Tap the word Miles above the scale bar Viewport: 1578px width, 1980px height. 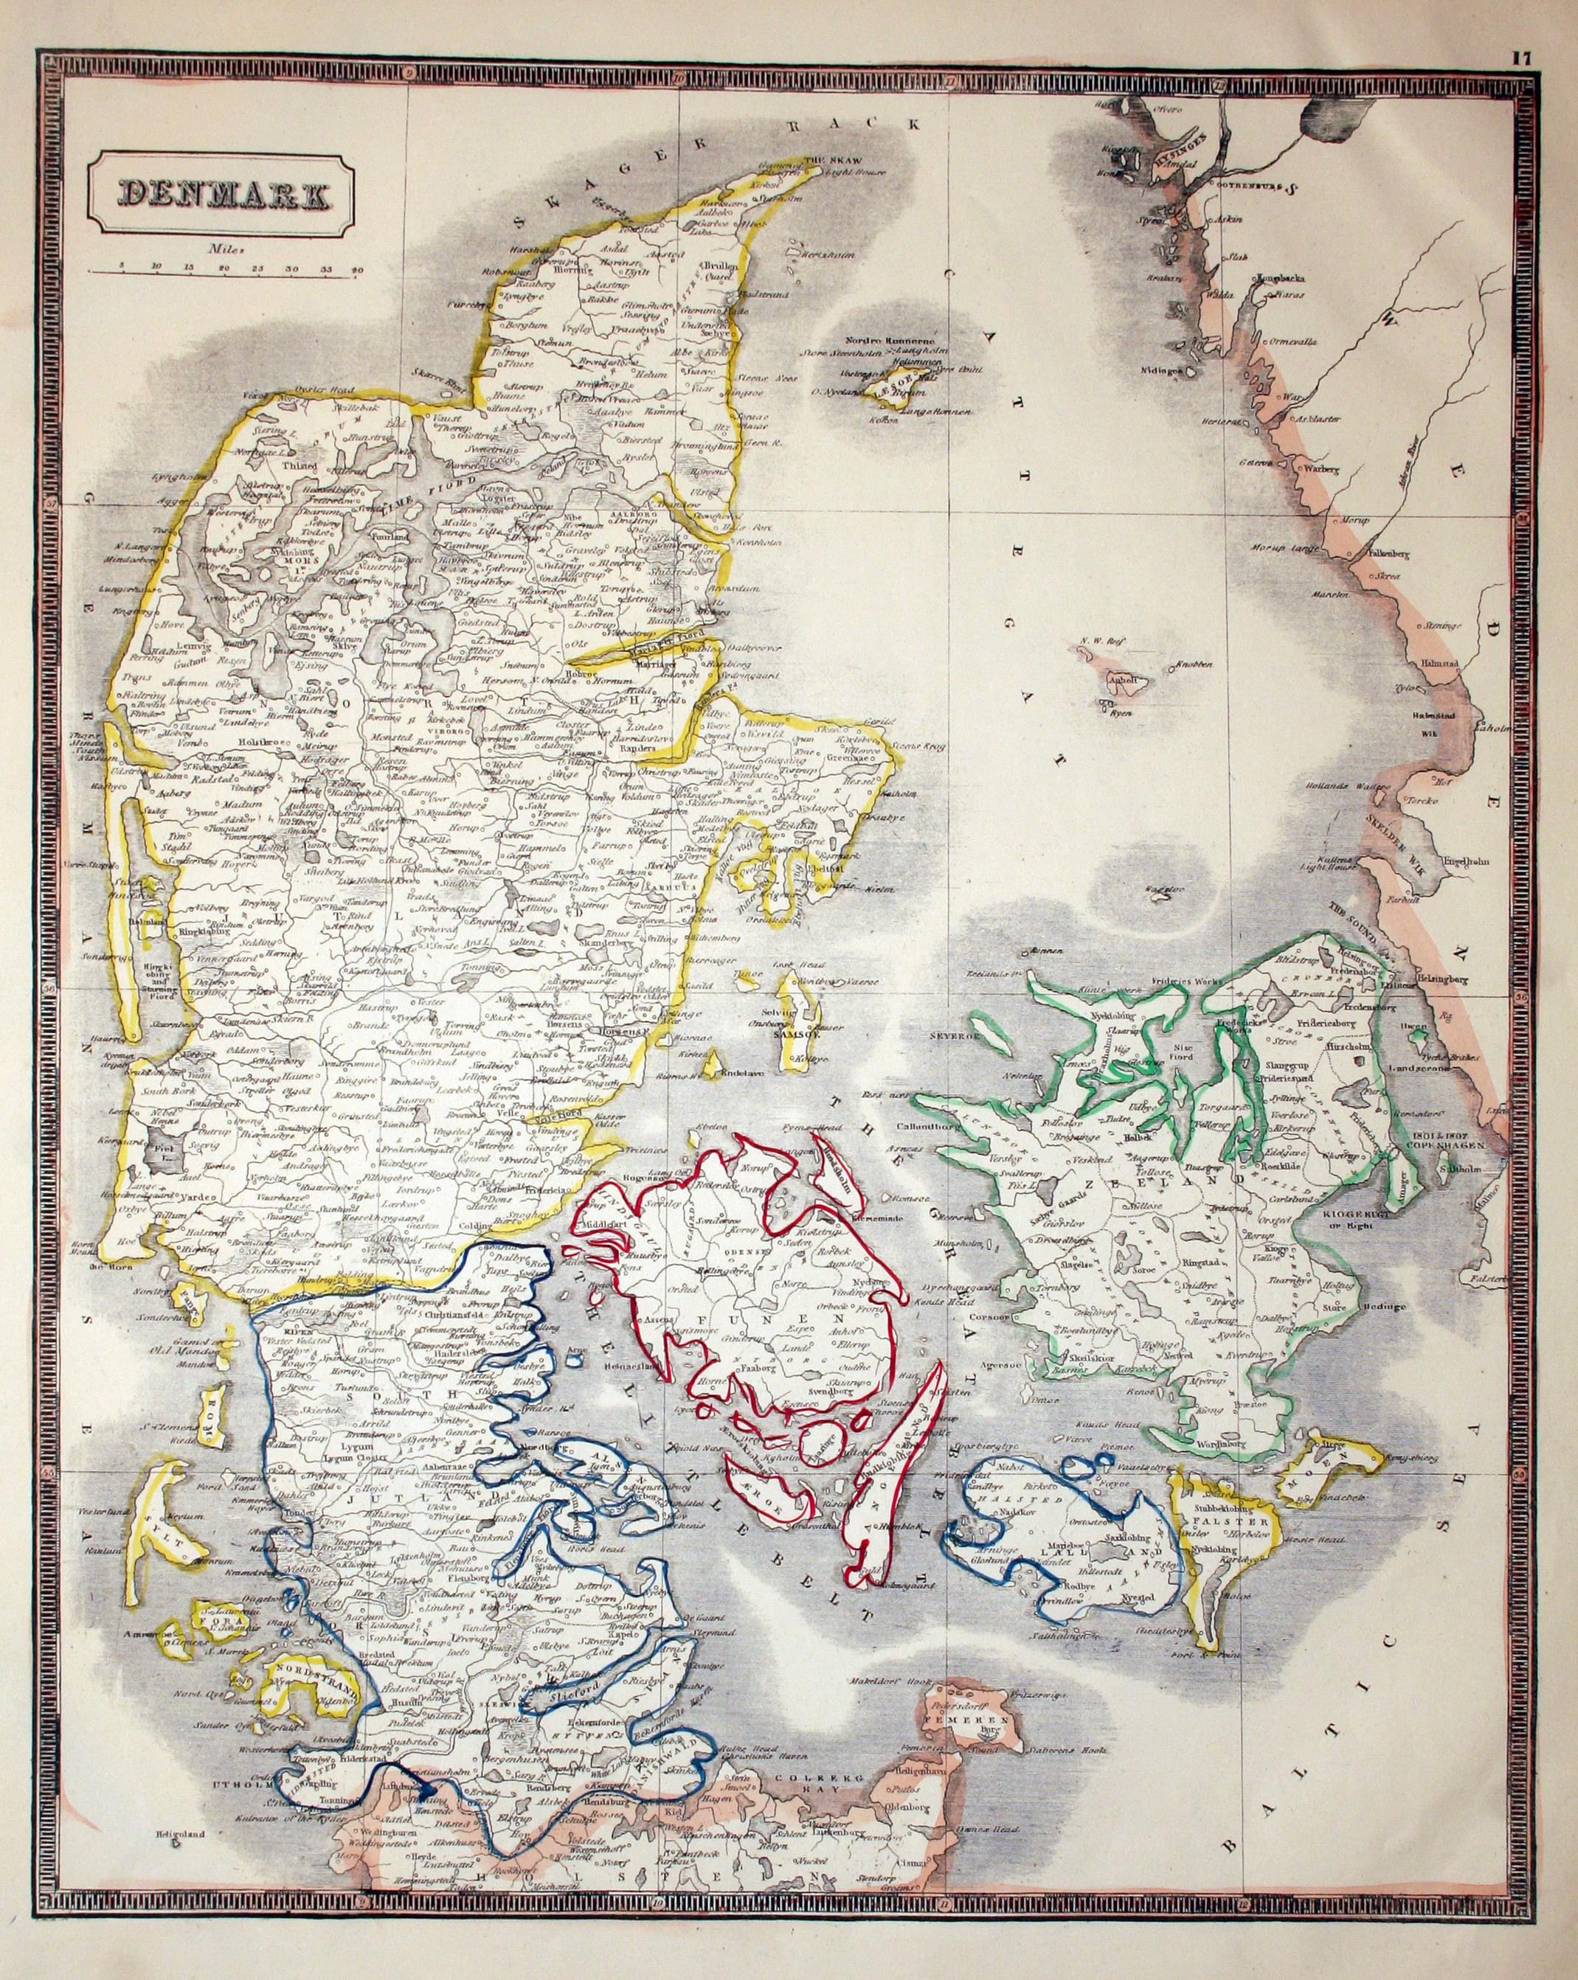coord(224,247)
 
